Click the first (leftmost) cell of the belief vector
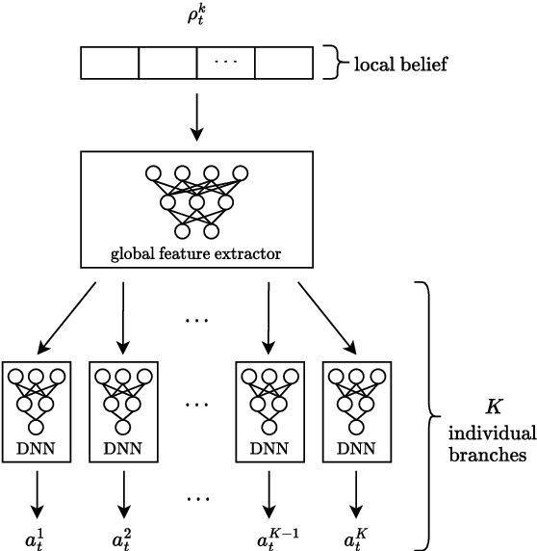tap(110, 64)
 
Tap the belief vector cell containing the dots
tap(225, 64)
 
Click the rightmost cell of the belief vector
tap(284, 64)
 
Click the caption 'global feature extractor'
tap(196, 255)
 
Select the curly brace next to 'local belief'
tap(329, 64)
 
